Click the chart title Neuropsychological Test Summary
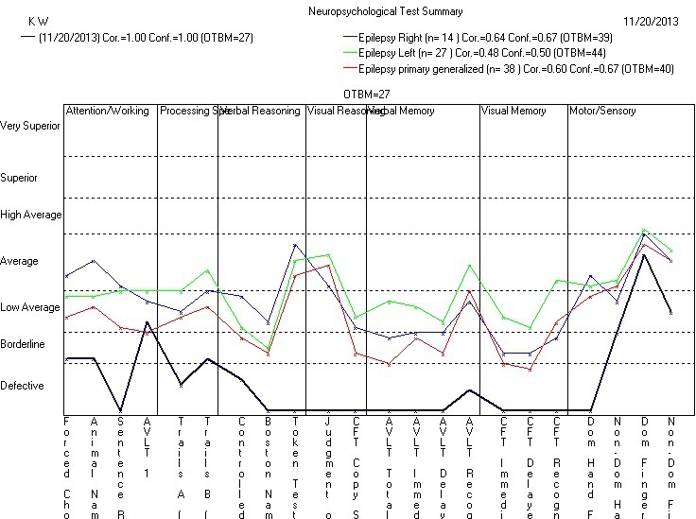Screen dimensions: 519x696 tap(386, 11)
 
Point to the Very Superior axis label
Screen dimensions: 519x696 tap(29, 125)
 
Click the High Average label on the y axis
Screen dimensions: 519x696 tap(31, 216)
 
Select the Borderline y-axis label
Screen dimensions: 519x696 tap(23, 345)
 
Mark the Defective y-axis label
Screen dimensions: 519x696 tap(22, 386)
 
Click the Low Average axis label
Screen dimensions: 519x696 tap(29, 307)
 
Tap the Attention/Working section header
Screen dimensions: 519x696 tap(107, 111)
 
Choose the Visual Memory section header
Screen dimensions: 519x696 tap(513, 111)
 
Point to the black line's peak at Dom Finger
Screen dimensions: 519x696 tap(644, 255)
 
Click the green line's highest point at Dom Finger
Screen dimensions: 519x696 tap(644, 230)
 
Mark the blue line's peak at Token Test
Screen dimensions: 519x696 tap(294, 245)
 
